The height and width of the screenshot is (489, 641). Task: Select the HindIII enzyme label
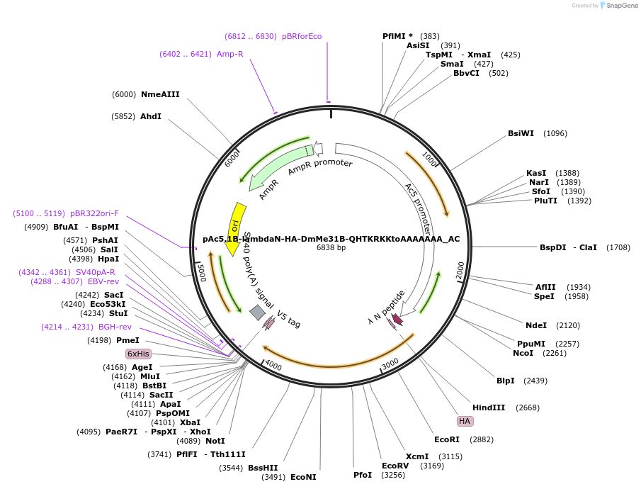coord(489,407)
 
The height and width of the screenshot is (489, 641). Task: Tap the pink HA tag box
coord(465,421)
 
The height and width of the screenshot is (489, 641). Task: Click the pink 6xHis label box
coord(138,354)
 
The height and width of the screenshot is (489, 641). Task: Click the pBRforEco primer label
coord(302,36)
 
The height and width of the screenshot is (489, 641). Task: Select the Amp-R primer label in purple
coord(230,54)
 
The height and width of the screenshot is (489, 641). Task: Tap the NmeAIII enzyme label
coord(160,94)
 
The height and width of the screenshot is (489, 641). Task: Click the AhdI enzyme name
coord(151,116)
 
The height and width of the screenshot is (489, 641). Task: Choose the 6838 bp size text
coord(331,248)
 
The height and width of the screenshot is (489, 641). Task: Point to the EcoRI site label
coord(447,439)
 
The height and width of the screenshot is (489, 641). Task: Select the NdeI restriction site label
coord(536,325)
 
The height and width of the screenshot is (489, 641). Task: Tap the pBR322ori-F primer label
coord(94,213)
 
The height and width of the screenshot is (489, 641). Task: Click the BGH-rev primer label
coord(115,327)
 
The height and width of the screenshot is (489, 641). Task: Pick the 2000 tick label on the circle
coord(460,269)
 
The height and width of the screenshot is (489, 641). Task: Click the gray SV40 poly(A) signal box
coord(258,312)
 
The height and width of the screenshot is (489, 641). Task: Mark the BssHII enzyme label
coord(263,468)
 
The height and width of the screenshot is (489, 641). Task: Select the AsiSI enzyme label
coord(418,45)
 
